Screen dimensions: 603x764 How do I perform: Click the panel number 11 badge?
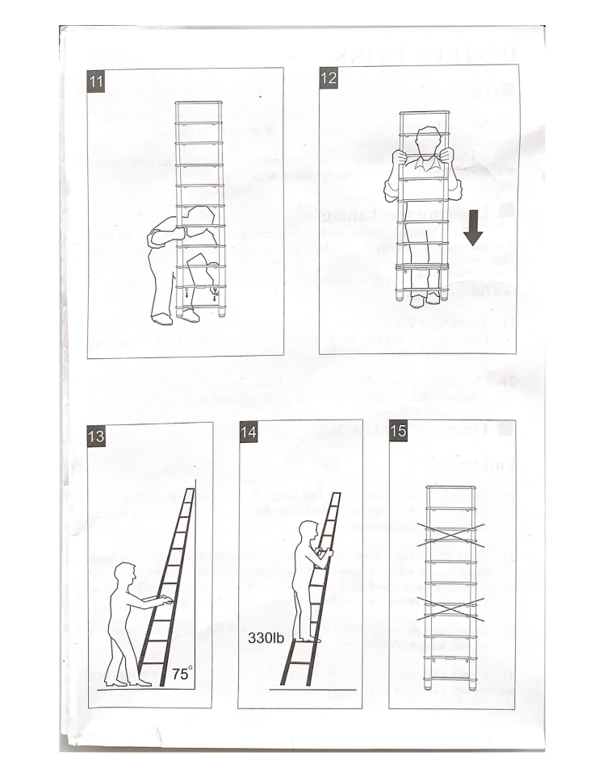pyautogui.click(x=95, y=81)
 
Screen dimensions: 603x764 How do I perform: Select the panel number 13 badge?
pyautogui.click(x=96, y=435)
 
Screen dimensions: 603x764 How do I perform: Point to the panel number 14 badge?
pyautogui.click(x=248, y=432)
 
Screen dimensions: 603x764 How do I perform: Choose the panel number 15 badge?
pyautogui.click(x=398, y=430)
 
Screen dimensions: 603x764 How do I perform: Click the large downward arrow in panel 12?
pyautogui.click(x=473, y=228)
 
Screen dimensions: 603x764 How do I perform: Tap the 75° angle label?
pyautogui.click(x=182, y=674)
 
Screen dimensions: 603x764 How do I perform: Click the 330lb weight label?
pyautogui.click(x=266, y=637)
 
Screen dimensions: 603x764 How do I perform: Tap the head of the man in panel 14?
pyautogui.click(x=308, y=532)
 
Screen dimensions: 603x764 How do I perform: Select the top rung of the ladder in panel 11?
pyautogui.click(x=199, y=103)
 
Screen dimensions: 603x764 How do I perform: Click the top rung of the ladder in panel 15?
pyautogui.click(x=450, y=487)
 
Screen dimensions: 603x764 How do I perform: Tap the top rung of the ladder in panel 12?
pyautogui.click(x=424, y=114)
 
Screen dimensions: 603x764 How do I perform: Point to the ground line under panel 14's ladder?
pyautogui.click(x=313, y=690)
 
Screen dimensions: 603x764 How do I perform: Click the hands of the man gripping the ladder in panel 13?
pyautogui.click(x=165, y=602)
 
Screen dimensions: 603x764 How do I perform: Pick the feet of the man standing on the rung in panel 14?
pyautogui.click(x=309, y=638)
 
